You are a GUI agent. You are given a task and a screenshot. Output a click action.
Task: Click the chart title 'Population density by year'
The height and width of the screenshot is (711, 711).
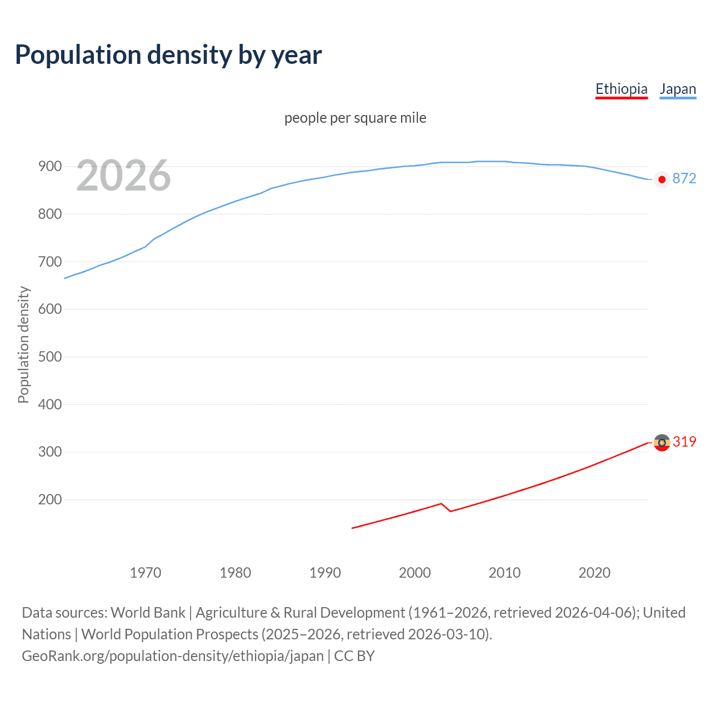click(168, 55)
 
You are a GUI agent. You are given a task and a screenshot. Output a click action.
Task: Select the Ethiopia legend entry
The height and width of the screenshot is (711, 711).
click(621, 89)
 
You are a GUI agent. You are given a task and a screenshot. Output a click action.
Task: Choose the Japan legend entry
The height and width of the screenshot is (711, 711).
click(677, 89)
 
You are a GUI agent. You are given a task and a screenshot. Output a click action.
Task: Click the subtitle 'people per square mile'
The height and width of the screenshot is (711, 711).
click(355, 118)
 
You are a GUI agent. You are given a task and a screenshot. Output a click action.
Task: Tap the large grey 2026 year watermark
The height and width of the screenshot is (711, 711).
click(123, 176)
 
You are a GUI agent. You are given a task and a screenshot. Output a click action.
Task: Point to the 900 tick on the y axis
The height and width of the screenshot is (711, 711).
click(49, 167)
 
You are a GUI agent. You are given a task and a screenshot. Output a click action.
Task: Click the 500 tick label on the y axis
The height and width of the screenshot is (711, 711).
click(49, 357)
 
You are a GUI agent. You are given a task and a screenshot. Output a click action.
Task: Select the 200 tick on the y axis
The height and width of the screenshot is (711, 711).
click(49, 499)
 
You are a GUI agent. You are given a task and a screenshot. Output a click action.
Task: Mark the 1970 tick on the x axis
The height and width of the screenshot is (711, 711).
click(146, 573)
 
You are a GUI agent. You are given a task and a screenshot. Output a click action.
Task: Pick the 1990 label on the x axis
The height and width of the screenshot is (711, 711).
click(325, 573)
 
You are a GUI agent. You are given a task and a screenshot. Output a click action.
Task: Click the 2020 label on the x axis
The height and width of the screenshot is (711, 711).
click(594, 573)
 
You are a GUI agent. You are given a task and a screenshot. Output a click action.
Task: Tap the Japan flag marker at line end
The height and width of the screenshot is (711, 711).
click(662, 179)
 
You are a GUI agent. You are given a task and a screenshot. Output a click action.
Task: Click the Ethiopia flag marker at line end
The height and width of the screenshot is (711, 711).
click(662, 443)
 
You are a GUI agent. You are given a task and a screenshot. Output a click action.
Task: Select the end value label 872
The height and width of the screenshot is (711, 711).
click(684, 178)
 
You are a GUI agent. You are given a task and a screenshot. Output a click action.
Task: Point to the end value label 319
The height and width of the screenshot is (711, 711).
click(684, 442)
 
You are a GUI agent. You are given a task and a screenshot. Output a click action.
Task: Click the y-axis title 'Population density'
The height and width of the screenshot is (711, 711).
click(23, 344)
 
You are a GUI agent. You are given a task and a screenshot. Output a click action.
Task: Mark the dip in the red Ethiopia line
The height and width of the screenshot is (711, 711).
click(450, 510)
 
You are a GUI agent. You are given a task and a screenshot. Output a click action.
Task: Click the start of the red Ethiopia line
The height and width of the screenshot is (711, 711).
click(353, 528)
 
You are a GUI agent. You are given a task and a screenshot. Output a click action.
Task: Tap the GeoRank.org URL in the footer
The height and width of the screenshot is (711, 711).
click(172, 656)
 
